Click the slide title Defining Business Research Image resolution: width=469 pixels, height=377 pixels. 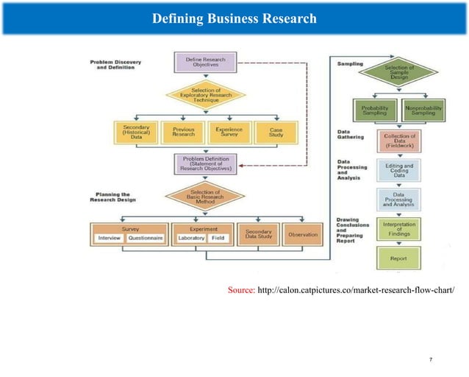click(234, 17)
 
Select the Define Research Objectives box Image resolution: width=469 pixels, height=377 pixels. click(205, 61)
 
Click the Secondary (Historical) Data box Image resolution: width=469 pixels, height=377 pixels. click(136, 133)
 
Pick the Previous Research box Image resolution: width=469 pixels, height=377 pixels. click(183, 133)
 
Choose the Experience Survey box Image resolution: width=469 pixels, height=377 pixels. click(229, 133)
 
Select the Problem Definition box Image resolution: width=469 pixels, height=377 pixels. click(205, 163)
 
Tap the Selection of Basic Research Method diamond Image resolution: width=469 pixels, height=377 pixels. click(205, 197)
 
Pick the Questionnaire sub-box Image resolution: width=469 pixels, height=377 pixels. click(145, 239)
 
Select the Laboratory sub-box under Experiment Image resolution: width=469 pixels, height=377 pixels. click(191, 239)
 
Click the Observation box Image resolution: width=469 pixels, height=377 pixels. click(303, 234)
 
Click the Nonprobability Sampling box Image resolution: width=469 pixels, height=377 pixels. click(423, 109)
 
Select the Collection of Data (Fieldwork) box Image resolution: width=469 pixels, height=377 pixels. click(399, 140)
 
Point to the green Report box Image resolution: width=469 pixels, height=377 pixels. click(399, 258)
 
